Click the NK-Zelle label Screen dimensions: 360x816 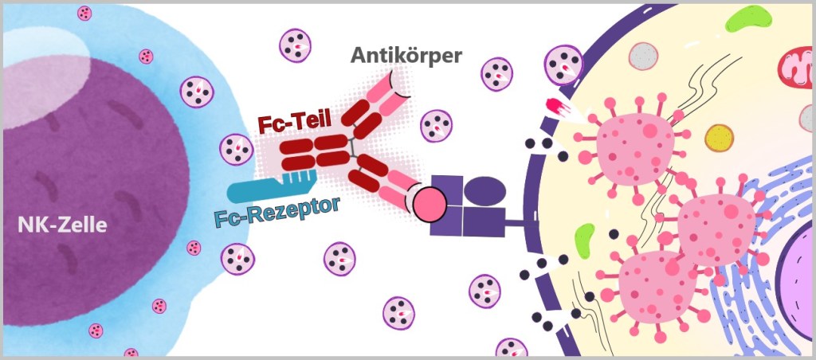coord(62,225)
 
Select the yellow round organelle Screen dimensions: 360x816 coord(719,137)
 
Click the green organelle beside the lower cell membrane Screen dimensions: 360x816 coord(586,237)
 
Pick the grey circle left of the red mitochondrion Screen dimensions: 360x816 coord(643,56)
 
